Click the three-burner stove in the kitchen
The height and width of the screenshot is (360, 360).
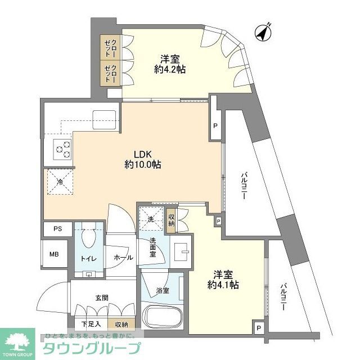[x=62, y=148]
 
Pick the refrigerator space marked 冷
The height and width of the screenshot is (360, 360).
[x=60, y=181]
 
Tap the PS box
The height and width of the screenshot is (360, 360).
[x=58, y=229]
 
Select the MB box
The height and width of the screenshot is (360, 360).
[x=55, y=255]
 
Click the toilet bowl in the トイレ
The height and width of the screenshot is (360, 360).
[x=88, y=241]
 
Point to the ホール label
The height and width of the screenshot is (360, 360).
[x=123, y=258]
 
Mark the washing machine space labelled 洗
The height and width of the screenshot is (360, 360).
[x=151, y=219]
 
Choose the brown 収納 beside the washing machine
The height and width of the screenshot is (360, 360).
[x=171, y=219]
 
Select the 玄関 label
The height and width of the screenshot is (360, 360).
[x=101, y=298]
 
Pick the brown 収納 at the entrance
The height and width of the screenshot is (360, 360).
[x=121, y=324]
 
